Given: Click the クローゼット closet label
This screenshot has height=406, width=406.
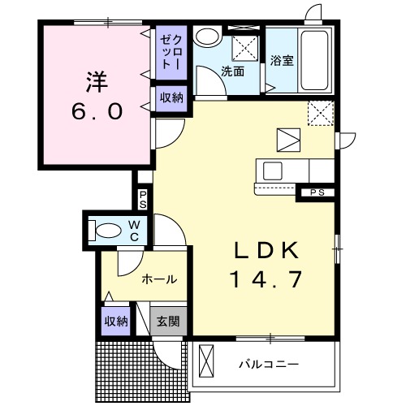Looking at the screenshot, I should (168, 51).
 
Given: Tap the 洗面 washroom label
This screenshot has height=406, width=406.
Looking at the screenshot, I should (233, 71).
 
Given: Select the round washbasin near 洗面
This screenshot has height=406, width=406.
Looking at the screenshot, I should (208, 37).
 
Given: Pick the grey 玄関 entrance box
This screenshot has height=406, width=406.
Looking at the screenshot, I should (169, 319).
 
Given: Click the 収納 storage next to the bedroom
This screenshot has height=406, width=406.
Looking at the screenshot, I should (171, 98).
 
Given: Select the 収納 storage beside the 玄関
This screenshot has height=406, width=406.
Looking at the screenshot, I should (116, 321).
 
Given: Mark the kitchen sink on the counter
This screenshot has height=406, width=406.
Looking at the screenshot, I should (271, 171).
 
